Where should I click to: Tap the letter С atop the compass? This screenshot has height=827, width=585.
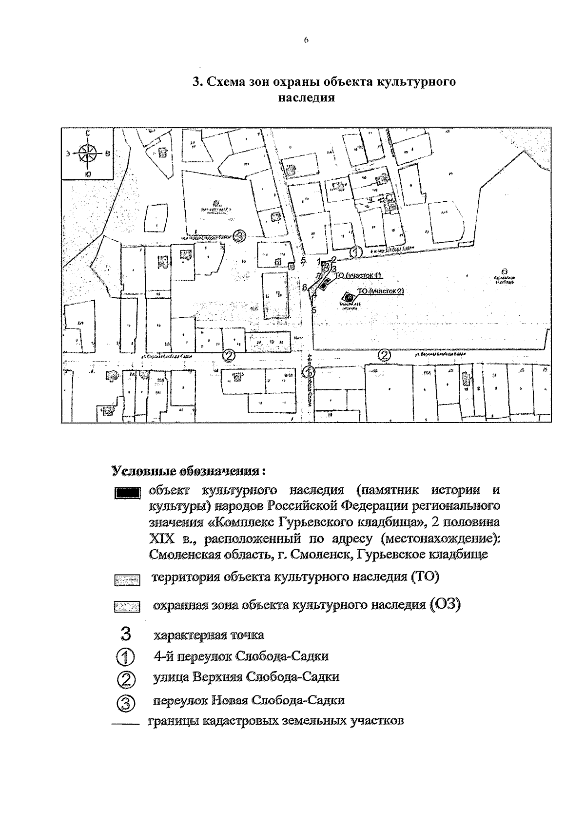point(87,133)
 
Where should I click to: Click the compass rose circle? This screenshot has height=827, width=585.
point(87,153)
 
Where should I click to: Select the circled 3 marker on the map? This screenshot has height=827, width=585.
point(238,236)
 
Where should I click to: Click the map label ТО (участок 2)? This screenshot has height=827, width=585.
point(381,291)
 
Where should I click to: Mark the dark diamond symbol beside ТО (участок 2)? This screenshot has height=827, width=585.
point(347,296)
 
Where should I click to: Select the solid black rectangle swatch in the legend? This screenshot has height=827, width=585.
point(128,493)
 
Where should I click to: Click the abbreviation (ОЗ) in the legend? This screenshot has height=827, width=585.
point(446,605)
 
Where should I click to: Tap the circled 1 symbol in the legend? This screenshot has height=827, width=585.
point(125,657)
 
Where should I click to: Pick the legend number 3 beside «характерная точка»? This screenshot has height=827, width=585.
point(125,635)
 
